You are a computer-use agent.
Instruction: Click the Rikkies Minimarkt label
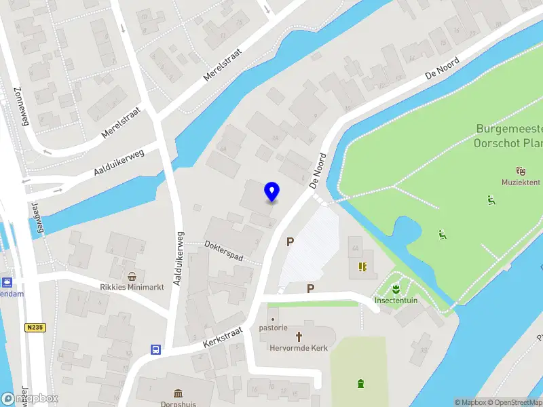coord(132,287)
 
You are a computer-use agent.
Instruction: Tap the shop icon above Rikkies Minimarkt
coord(132,276)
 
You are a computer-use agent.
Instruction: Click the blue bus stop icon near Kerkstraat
coord(156,350)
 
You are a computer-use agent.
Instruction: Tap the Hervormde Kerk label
coord(299,347)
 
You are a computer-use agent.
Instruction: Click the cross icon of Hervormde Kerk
coord(299,336)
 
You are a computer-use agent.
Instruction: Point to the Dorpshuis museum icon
coord(179,393)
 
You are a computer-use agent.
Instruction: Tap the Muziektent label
coord(521,182)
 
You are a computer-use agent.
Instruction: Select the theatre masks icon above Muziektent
coord(521,170)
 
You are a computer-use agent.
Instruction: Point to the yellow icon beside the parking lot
coord(363,267)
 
